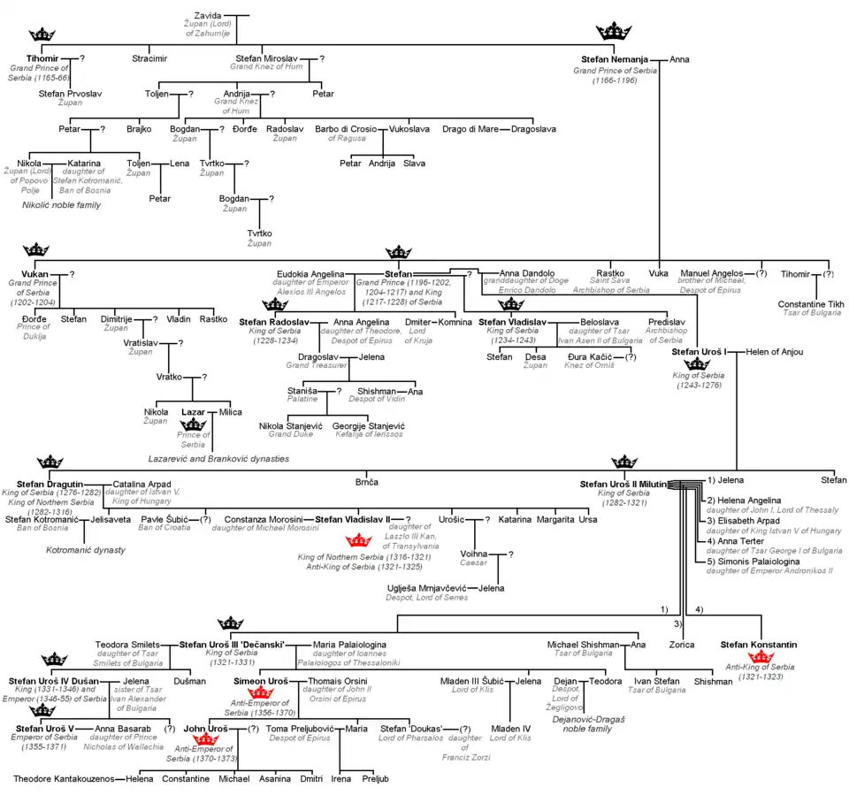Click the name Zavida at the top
pos(209,15)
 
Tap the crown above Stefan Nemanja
pos(613,32)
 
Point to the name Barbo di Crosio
pos(349,129)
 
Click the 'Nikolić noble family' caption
pos(61,205)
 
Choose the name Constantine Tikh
pos(810,304)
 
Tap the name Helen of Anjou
pos(775,352)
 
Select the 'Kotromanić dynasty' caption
pos(86,550)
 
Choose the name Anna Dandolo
pos(527,273)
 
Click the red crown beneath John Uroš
pos(205,738)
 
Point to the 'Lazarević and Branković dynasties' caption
pos(218,459)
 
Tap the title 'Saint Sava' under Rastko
pos(611,281)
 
